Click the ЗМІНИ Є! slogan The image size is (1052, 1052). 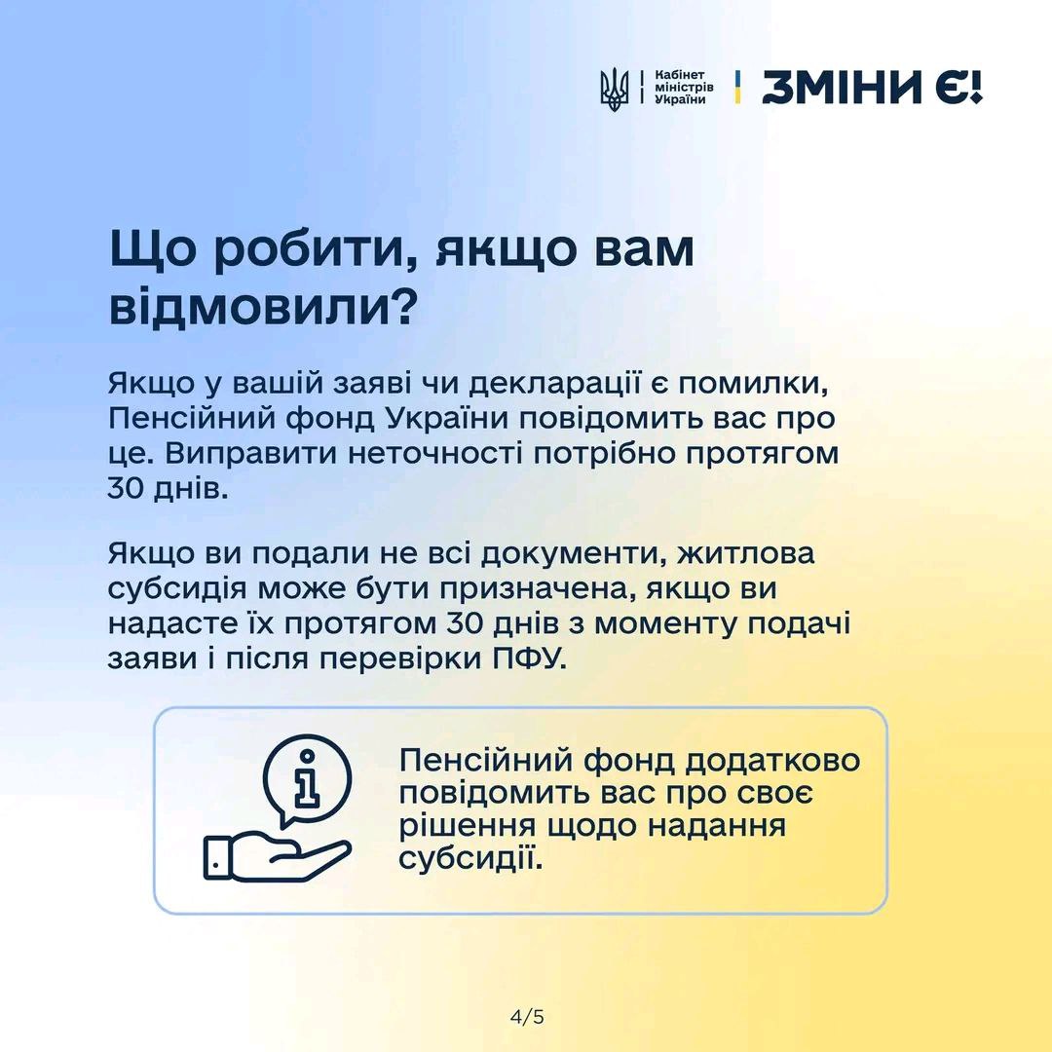pyautogui.click(x=872, y=88)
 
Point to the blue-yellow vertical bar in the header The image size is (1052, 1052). pyautogui.click(x=738, y=88)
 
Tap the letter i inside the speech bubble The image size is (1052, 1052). pyautogui.click(x=307, y=778)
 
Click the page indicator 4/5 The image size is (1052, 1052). pyautogui.click(x=527, y=1017)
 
